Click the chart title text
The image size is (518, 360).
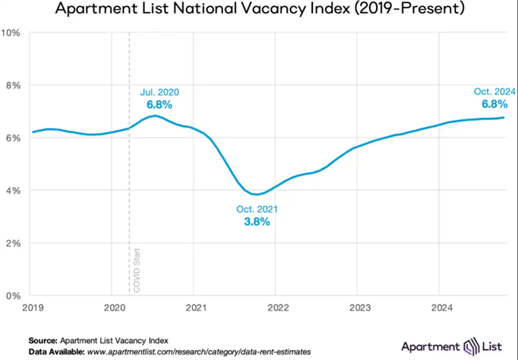click(x=259, y=10)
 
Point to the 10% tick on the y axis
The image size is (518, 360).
click(x=13, y=33)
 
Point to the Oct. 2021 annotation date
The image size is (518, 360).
click(x=257, y=209)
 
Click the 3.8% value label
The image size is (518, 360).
click(x=257, y=221)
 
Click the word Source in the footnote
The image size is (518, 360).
click(x=43, y=339)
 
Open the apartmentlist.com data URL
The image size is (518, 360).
click(x=200, y=350)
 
